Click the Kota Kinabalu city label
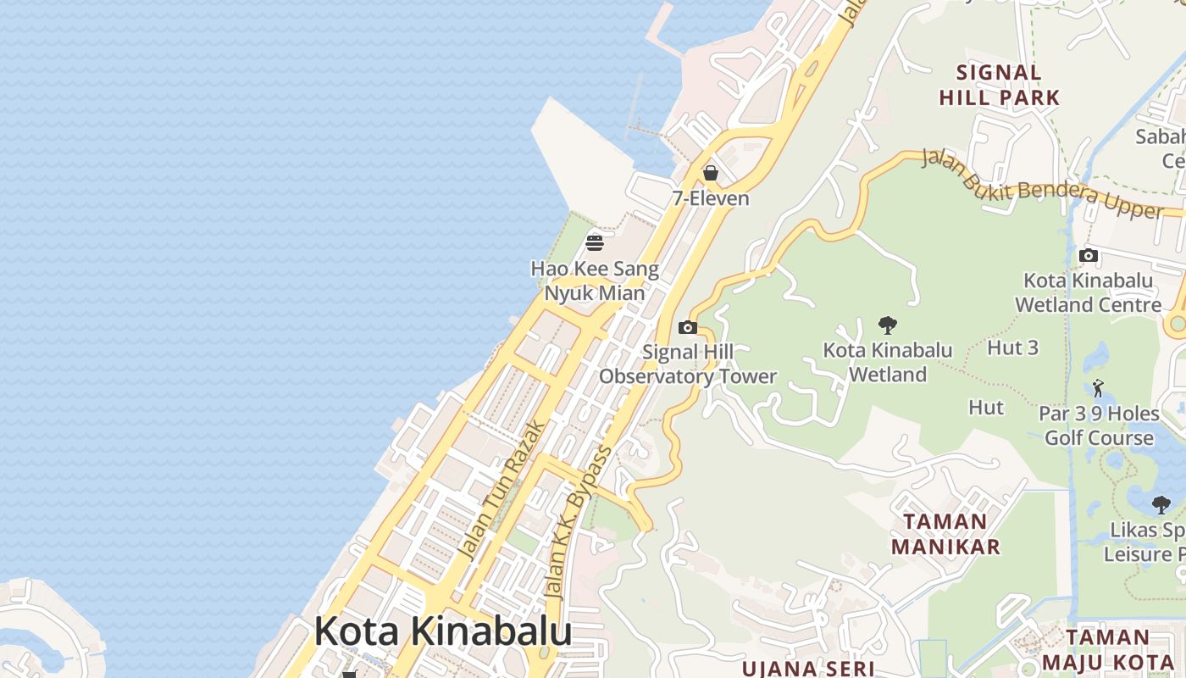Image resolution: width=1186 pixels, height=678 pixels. click(442, 632)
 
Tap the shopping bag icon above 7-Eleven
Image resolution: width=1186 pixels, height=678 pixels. click(711, 173)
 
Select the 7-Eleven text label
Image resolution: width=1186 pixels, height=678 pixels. click(711, 198)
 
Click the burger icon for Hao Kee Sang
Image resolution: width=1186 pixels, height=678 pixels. click(595, 243)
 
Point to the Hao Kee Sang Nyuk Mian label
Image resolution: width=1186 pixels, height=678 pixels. click(595, 281)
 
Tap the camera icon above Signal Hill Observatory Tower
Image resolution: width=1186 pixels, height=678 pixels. click(688, 327)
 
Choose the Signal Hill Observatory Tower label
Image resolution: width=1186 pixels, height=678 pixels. click(688, 364)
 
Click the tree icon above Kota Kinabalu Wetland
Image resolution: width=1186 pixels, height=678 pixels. click(888, 325)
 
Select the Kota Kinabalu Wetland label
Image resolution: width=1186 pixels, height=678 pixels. click(888, 362)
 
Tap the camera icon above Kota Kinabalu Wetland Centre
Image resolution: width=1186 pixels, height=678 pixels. click(1089, 255)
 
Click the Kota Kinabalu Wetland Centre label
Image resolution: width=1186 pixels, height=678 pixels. click(1089, 292)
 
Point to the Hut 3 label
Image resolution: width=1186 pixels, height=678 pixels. click(1012, 347)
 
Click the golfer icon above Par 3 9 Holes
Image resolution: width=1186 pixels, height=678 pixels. click(1099, 388)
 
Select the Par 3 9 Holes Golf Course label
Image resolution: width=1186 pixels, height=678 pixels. click(1099, 425)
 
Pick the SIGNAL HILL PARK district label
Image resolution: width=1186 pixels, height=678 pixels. click(1000, 85)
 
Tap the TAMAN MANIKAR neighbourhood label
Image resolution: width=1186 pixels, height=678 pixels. click(945, 534)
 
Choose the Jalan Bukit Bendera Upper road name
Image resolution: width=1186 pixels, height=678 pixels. click(1042, 183)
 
